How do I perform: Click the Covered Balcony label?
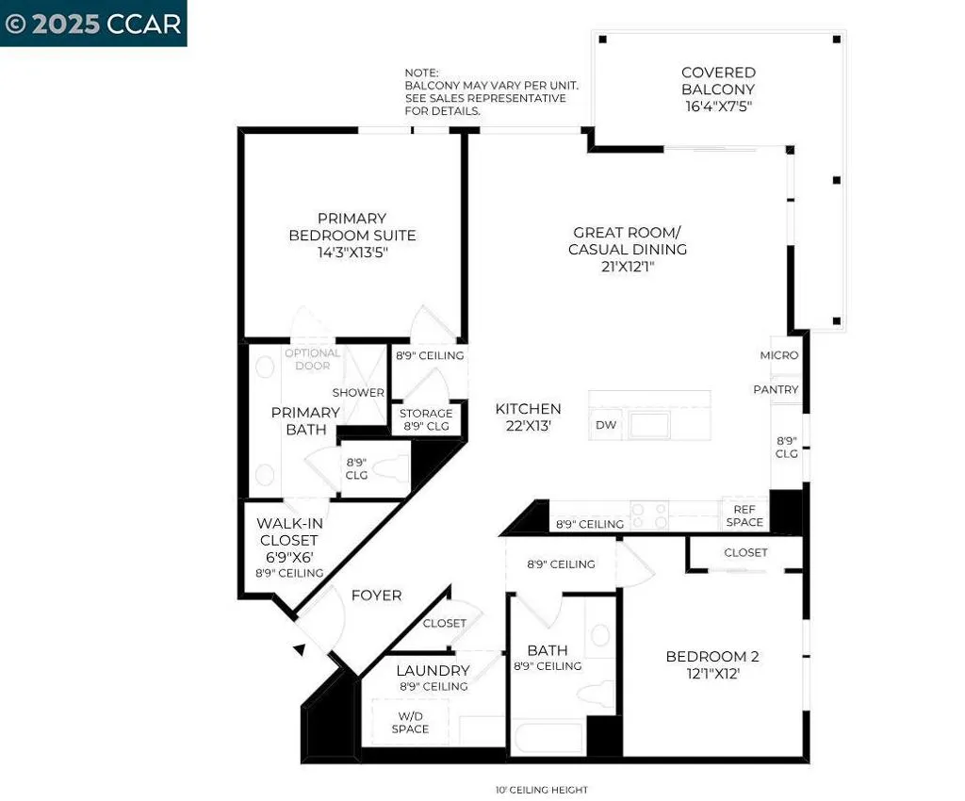(x=718, y=90)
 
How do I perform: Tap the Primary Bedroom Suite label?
(x=352, y=235)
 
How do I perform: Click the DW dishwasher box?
(x=606, y=426)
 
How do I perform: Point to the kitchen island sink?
(x=650, y=426)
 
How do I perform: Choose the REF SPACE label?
(x=744, y=515)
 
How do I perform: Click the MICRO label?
(x=779, y=355)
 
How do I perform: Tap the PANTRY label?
(x=776, y=389)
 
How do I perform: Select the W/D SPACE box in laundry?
(x=410, y=723)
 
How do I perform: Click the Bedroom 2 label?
(x=711, y=665)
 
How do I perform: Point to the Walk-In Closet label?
(x=288, y=540)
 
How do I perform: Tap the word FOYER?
(x=376, y=596)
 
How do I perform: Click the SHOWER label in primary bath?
(x=358, y=392)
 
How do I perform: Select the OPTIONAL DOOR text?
(x=312, y=359)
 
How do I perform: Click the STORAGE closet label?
(x=426, y=419)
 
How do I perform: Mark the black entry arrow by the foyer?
(x=299, y=648)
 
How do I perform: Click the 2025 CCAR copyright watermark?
(x=93, y=24)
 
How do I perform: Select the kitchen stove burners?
(x=649, y=515)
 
